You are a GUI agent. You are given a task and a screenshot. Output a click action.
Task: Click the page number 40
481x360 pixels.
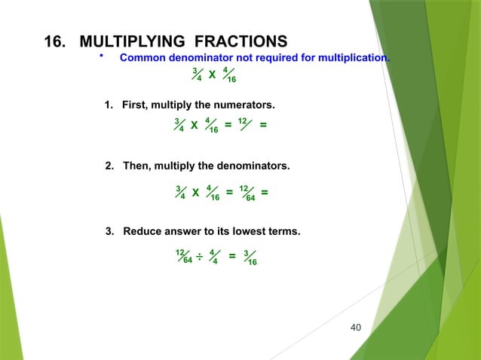pos(357,327)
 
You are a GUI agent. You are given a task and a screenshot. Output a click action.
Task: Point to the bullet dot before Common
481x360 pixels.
pos(103,56)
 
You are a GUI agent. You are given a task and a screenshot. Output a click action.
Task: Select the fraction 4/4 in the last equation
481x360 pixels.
pos(215,257)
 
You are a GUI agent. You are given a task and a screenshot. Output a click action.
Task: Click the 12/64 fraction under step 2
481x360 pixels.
pos(247,193)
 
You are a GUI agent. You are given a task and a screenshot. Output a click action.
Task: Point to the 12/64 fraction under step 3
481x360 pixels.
pos(183,257)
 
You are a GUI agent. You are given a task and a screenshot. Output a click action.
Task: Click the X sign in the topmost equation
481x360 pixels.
pos(212,75)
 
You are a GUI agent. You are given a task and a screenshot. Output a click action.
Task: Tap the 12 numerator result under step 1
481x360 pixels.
pos(243,121)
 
